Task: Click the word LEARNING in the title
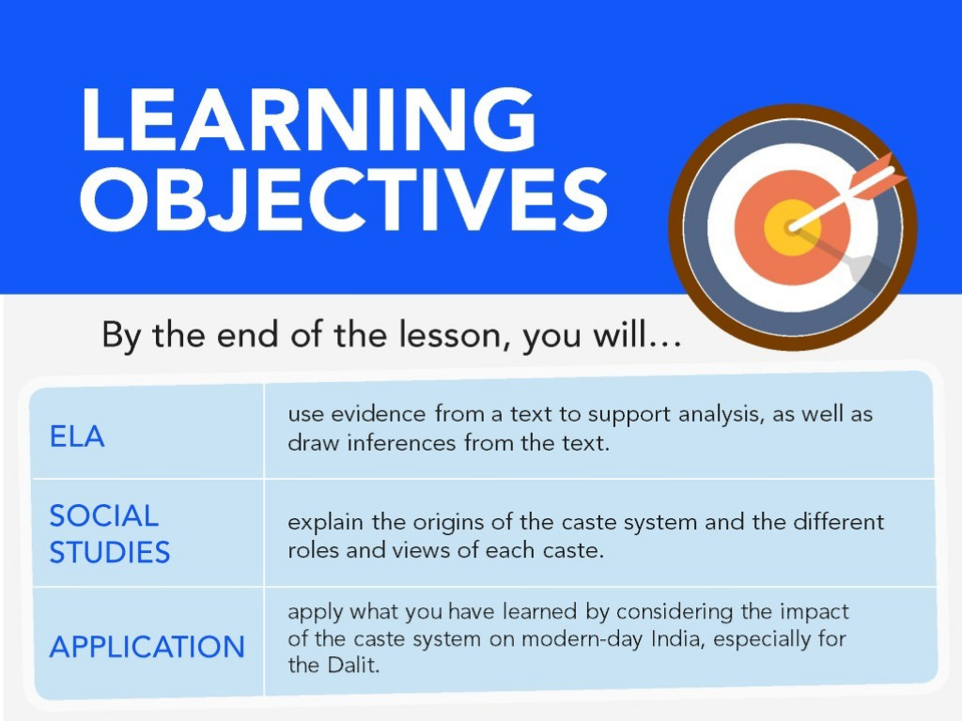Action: tap(308, 119)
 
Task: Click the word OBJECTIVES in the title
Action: tap(344, 200)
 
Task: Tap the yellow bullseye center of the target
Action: tap(791, 227)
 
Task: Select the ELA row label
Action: tap(77, 437)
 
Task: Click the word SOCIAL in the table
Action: tap(103, 515)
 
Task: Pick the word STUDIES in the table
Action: tap(109, 552)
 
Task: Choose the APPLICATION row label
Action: tap(147, 647)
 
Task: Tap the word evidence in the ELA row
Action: tap(379, 414)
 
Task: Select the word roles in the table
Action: tap(313, 549)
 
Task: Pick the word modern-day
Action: tap(582, 639)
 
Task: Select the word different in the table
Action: tap(839, 522)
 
